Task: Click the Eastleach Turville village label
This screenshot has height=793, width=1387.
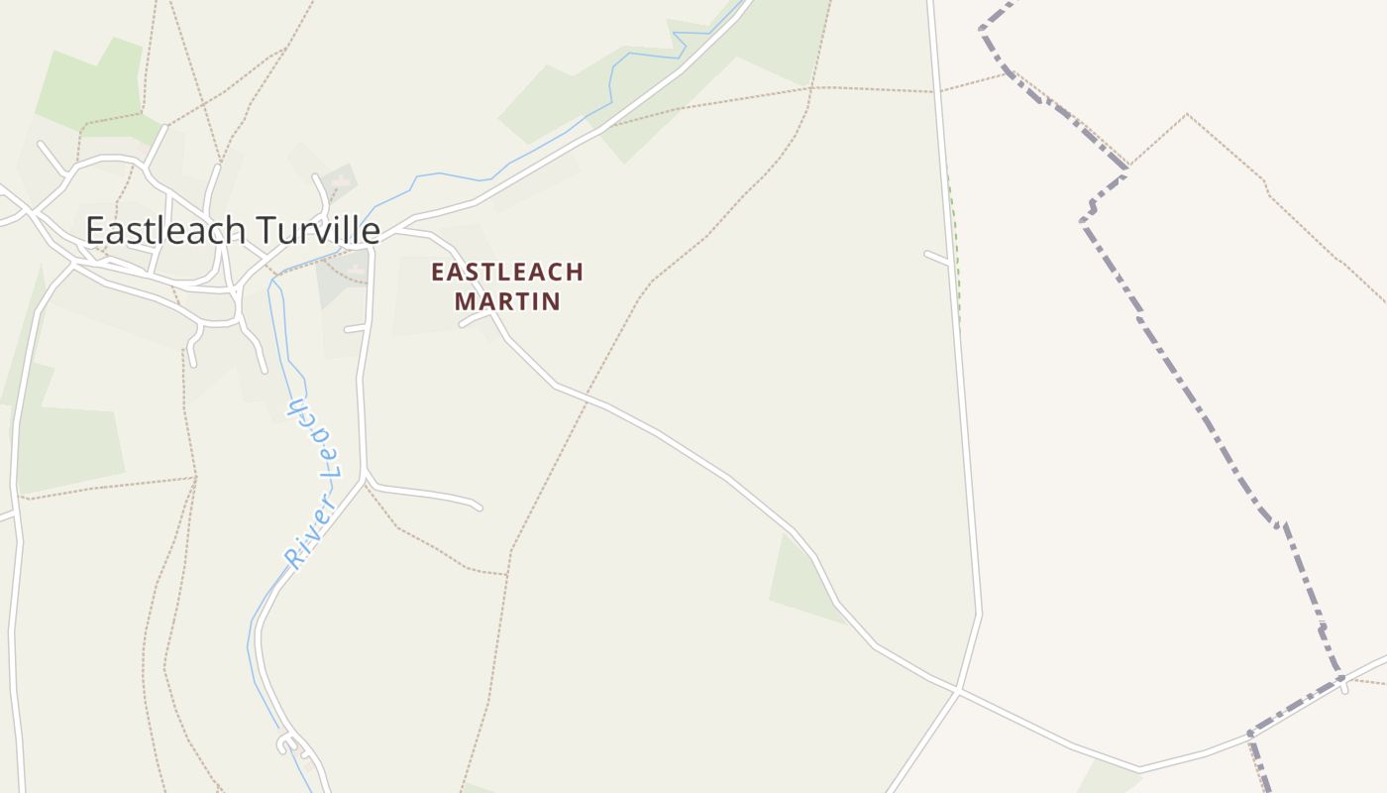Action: [x=233, y=230]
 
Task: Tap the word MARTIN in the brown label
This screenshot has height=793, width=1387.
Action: [x=507, y=300]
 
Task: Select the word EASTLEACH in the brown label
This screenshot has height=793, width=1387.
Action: [x=507, y=272]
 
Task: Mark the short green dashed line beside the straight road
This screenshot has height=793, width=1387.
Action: [x=954, y=248]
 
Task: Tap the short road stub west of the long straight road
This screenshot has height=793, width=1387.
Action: [x=936, y=257]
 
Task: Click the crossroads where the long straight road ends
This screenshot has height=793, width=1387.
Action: [x=959, y=687]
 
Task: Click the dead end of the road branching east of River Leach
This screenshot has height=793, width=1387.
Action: [x=480, y=508]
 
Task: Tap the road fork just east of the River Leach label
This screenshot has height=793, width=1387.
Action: [x=366, y=478]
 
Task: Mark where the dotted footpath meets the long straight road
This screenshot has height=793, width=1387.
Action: [x=933, y=91]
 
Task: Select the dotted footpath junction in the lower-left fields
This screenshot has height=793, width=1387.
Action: [x=196, y=477]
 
